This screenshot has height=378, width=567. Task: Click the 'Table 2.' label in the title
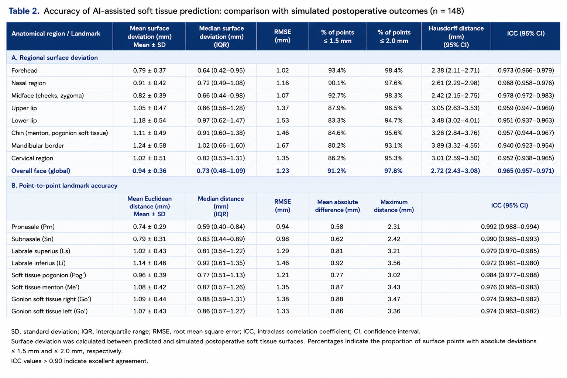coord(24,11)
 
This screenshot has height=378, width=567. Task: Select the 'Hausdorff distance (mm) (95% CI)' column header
coord(456,37)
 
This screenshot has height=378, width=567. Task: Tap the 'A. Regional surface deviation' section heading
coord(54,58)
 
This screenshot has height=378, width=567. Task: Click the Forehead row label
coord(24,71)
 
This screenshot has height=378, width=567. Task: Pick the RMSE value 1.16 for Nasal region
coord(282,83)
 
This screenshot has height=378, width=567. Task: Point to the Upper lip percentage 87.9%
coord(337,108)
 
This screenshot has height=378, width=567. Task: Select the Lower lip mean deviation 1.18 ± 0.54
coord(150,120)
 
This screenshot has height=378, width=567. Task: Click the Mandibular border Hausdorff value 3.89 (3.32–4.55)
coord(456,145)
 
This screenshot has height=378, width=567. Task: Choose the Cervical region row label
coord(32,158)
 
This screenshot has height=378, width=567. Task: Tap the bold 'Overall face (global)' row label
coord(41,171)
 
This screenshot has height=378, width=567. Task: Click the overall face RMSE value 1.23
coord(282,171)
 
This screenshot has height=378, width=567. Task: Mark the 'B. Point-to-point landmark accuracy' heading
coord(64,186)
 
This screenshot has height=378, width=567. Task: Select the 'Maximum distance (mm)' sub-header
coord(394,206)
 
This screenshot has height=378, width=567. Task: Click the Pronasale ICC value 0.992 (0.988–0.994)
coord(510,227)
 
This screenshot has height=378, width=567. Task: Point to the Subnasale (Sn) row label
coord(32,239)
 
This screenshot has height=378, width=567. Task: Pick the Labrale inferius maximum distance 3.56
coord(394,263)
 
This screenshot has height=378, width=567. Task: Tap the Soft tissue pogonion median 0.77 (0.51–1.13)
coord(221,275)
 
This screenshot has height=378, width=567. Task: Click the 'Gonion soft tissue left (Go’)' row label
coord(49,311)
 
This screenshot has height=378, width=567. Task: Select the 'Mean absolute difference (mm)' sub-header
coord(337,206)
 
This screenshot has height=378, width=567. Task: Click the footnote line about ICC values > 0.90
coord(79,361)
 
